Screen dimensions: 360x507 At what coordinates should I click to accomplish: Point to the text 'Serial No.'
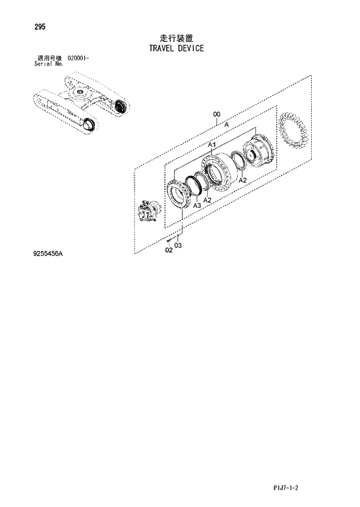tap(49, 64)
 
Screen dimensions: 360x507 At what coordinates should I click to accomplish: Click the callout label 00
tap(216, 114)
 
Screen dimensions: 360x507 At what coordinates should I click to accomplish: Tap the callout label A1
tap(212, 144)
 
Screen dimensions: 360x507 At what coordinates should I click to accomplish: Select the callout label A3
tap(197, 206)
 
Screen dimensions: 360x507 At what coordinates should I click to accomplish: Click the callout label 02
tap(168, 250)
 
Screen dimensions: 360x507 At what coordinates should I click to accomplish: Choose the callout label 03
tap(178, 246)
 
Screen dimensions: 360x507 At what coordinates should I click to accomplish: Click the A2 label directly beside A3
tap(207, 200)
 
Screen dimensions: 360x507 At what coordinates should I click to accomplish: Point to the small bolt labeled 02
tap(168, 240)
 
